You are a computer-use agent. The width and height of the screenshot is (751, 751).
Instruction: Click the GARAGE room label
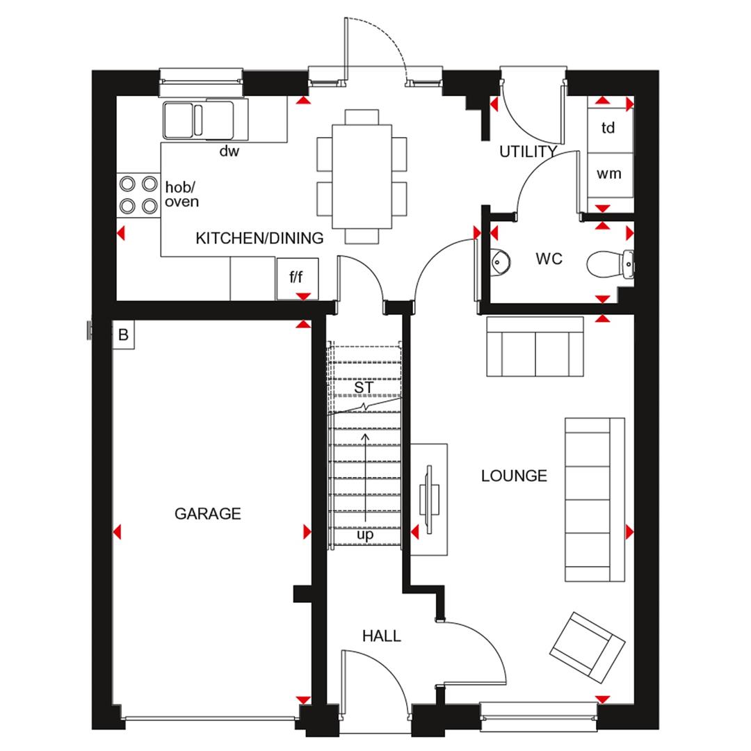pos(207,514)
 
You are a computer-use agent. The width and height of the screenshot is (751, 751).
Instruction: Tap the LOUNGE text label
pos(514,476)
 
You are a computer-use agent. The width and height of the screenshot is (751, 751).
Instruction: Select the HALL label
pos(381,636)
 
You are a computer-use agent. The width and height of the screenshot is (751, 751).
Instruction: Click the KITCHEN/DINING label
pos(259,239)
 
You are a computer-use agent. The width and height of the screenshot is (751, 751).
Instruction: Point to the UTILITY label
pos(528,152)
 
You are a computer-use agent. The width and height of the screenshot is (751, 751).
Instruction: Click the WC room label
pos(549,259)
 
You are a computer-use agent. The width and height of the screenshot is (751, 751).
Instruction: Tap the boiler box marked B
pos(123,335)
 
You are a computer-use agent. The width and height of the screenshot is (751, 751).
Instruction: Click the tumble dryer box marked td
pos(608,129)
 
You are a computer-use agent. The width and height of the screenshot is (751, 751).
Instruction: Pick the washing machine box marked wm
pos(609,174)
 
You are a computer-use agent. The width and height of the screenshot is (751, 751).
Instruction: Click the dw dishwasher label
pos(229,151)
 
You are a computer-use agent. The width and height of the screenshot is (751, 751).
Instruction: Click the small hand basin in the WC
pos(500,261)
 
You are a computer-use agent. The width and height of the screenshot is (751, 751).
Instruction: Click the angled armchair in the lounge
pos(587,647)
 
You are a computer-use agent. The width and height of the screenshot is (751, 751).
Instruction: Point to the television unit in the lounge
pos(428,499)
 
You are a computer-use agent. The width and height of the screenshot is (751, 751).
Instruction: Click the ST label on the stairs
pos(364,387)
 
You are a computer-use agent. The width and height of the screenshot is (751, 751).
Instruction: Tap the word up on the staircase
pos(365,535)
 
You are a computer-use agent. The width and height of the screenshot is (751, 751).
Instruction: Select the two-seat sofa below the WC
pos(535,346)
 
